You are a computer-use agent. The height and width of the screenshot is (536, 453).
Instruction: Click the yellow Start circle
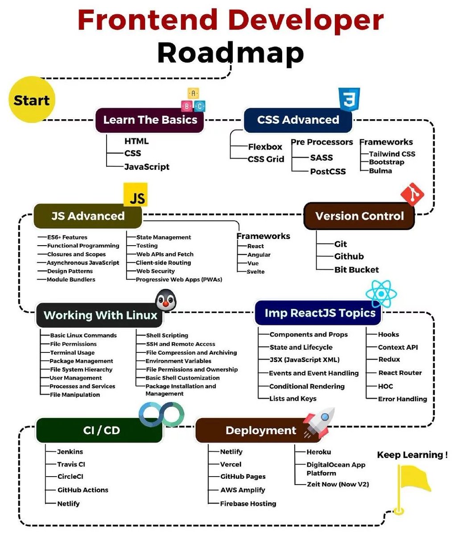pyautogui.click(x=32, y=100)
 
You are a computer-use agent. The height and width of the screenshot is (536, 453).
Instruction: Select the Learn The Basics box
pyautogui.click(x=150, y=120)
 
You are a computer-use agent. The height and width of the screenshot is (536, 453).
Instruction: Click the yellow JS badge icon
pyautogui.click(x=136, y=195)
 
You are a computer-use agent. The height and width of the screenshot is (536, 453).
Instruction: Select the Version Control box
pyautogui.click(x=359, y=216)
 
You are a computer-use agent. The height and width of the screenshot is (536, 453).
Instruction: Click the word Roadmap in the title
pyautogui.click(x=231, y=53)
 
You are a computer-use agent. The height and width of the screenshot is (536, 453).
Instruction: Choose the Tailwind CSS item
pyautogui.click(x=392, y=154)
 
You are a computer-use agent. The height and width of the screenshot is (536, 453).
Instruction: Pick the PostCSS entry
pyautogui.click(x=328, y=172)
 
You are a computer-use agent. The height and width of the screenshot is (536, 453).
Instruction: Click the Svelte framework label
pyautogui.click(x=255, y=272)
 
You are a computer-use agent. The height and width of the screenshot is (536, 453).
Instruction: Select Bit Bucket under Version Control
pyautogui.click(x=356, y=270)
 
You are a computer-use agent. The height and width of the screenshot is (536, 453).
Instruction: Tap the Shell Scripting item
pyautogui.click(x=167, y=335)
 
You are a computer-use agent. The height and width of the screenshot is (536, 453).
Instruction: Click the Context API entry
pyautogui.click(x=398, y=347)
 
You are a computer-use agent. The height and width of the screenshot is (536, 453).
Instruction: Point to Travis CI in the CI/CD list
pyautogui.click(x=71, y=464)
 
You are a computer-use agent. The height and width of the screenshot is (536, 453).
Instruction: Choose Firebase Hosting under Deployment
pyautogui.click(x=248, y=503)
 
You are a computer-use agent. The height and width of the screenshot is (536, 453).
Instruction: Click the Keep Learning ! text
pyautogui.click(x=412, y=455)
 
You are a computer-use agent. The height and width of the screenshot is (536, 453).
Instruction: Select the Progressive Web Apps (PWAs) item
pyautogui.click(x=179, y=280)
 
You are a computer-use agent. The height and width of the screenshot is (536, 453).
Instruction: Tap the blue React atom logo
pyautogui.click(x=381, y=293)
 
